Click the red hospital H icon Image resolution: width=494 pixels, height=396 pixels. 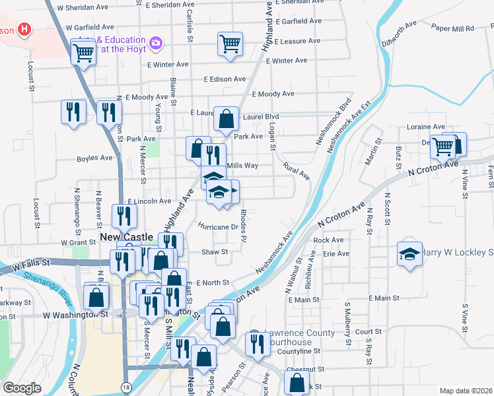[25, 30]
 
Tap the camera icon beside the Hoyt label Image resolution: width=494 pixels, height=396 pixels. [156, 44]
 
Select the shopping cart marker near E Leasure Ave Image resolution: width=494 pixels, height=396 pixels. [230, 45]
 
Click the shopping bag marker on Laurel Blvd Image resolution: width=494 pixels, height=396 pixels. [226, 120]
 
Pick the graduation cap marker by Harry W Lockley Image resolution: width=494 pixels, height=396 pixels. [409, 253]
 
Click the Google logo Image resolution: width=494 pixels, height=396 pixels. [22, 387]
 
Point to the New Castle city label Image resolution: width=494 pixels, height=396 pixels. [126, 236]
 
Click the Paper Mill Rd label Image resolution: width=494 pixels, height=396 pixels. [452, 28]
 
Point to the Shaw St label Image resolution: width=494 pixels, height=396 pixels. [215, 251]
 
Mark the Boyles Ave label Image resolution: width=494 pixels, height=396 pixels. [94, 158]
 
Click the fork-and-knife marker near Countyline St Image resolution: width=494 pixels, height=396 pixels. [256, 343]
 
